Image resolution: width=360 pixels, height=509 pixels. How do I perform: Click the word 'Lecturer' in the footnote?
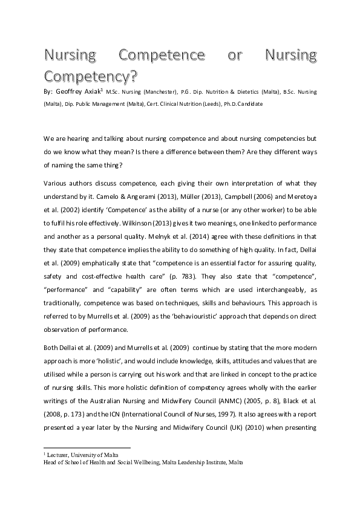click(61, 454)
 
